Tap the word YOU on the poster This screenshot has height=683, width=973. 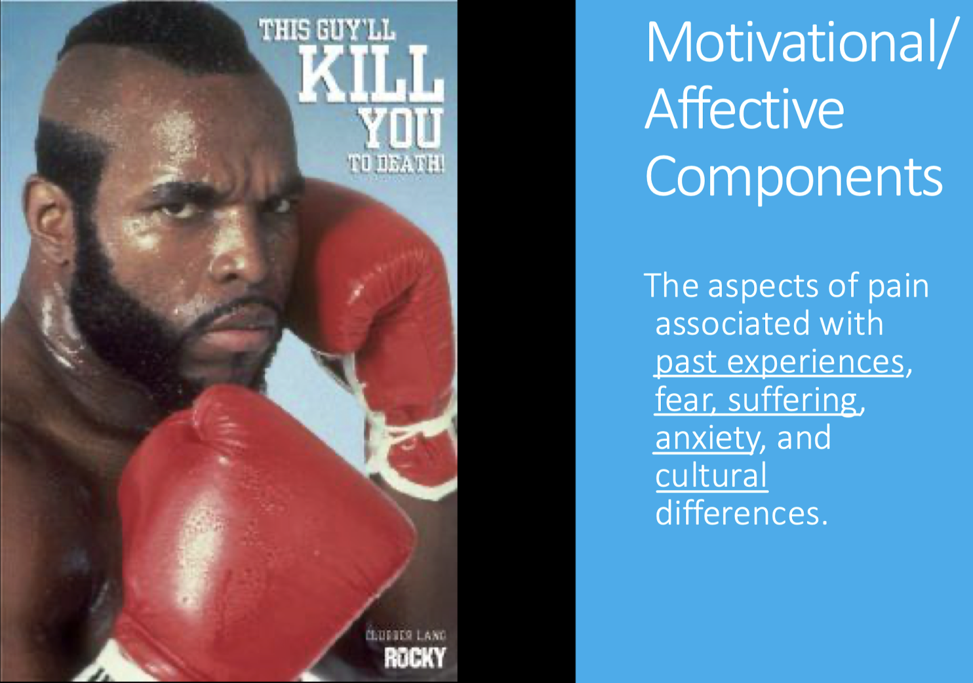401,128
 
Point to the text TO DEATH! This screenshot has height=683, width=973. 396,163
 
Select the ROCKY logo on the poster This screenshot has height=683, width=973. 414,658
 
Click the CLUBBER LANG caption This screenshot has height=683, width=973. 406,635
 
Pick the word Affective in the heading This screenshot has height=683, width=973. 745,109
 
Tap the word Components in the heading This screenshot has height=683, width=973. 793,176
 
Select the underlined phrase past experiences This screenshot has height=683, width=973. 780,362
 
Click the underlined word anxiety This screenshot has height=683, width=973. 707,438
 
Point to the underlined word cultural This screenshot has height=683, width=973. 711,476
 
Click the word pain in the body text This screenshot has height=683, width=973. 898,286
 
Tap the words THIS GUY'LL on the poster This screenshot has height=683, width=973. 327,30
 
